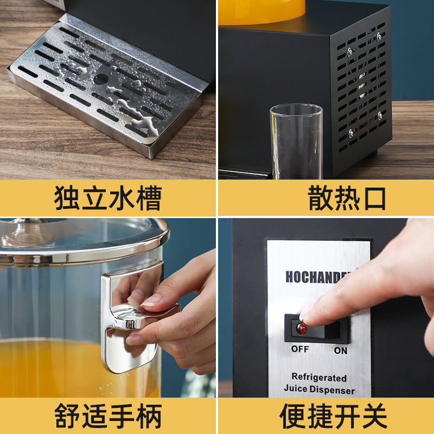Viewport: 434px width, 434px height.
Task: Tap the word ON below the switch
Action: pos(340,350)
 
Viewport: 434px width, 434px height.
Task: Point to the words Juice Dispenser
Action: pos(319,390)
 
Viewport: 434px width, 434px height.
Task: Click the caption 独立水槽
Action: pos(107,198)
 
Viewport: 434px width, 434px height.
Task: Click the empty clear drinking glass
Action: pos(296,142)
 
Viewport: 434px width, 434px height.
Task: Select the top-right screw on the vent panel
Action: pos(379,36)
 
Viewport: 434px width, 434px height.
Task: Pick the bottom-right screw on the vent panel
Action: pos(379,116)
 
